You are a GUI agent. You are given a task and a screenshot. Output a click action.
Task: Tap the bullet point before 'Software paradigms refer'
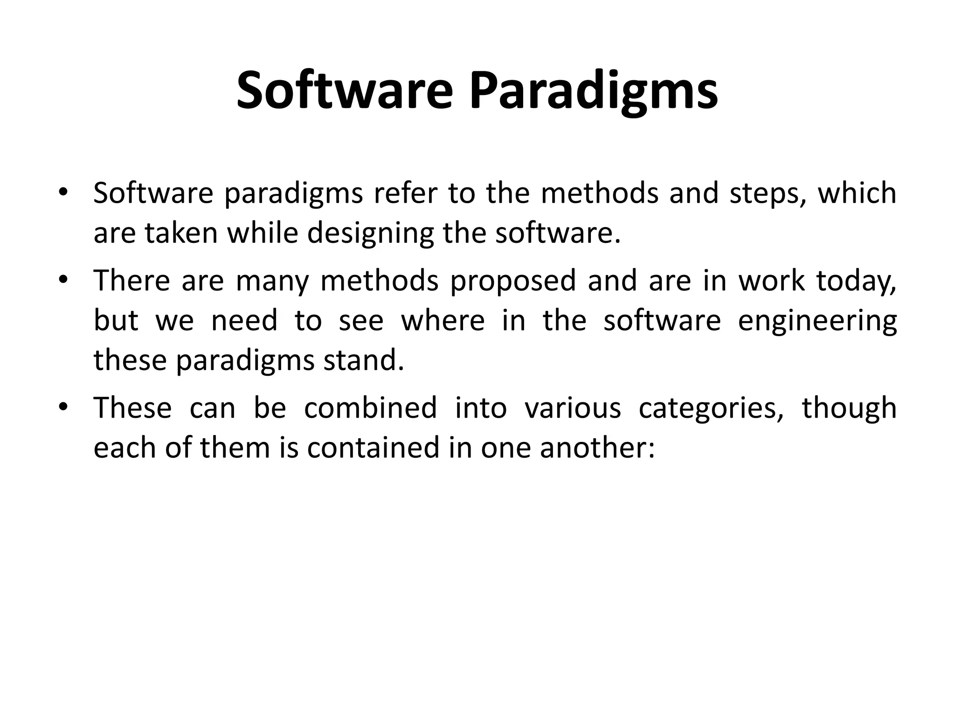tap(63, 193)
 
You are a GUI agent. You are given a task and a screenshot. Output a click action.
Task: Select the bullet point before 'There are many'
tap(63, 280)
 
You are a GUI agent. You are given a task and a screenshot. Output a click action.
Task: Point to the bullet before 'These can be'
tap(63, 407)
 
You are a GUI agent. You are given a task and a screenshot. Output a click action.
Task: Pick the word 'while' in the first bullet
tap(263, 233)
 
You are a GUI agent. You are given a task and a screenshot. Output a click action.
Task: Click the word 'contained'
tap(373, 447)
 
